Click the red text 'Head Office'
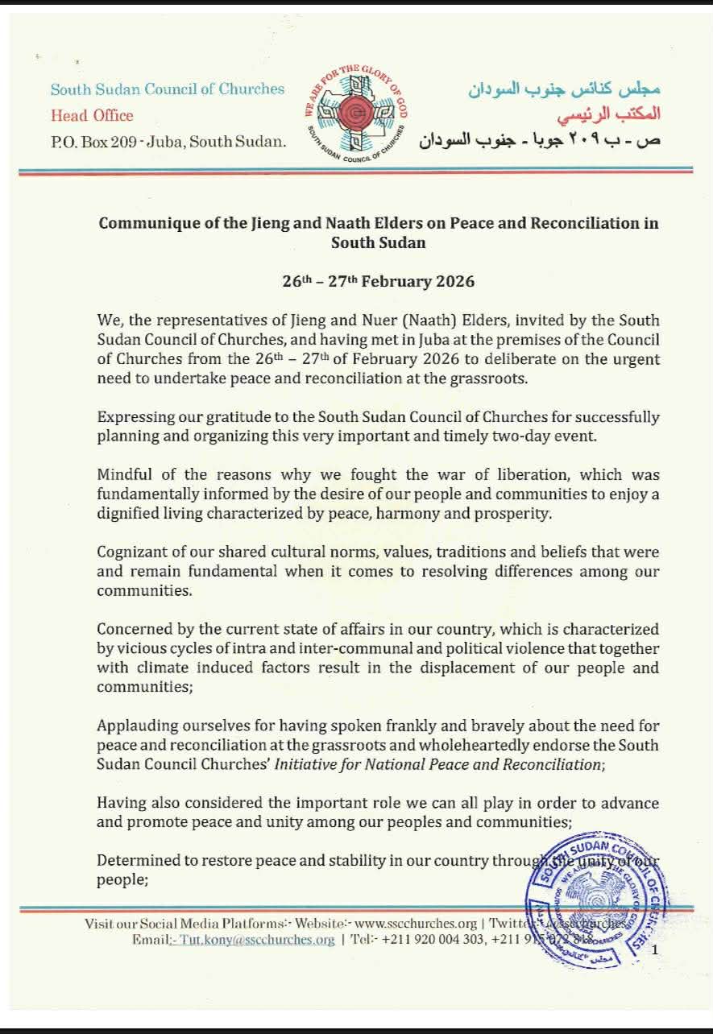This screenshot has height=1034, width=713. (x=92, y=115)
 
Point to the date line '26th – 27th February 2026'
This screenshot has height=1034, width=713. (x=378, y=281)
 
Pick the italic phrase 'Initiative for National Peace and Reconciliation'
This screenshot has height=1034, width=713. (x=437, y=764)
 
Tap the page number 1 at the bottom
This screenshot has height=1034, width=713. (x=655, y=951)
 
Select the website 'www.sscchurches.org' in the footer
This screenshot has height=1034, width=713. (x=416, y=924)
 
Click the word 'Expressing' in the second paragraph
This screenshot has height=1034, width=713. (x=134, y=416)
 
